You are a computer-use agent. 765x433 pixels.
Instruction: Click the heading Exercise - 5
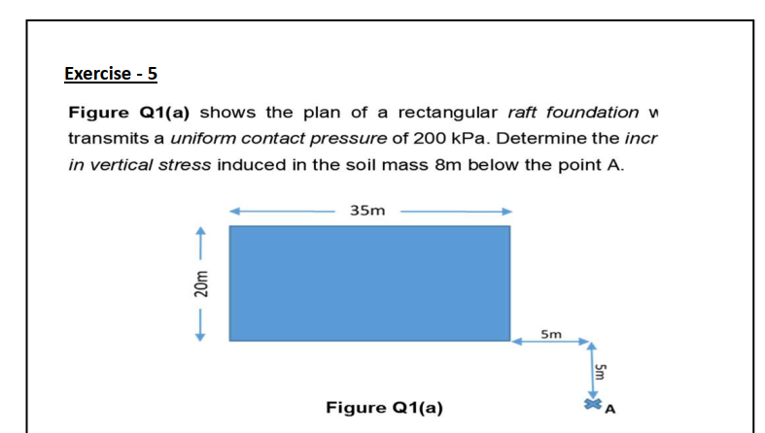pyautogui.click(x=111, y=73)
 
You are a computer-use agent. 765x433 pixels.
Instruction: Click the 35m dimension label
pyautogui.click(x=366, y=209)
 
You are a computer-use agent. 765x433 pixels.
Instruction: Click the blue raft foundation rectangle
pyautogui.click(x=369, y=283)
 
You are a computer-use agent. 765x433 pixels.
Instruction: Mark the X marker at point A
pyautogui.click(x=591, y=403)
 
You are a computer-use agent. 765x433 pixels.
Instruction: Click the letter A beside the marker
pyautogui.click(x=610, y=408)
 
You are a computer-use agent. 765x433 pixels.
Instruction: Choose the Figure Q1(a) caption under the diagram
pyautogui.click(x=384, y=407)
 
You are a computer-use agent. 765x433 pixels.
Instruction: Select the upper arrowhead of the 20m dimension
pyautogui.click(x=201, y=232)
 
